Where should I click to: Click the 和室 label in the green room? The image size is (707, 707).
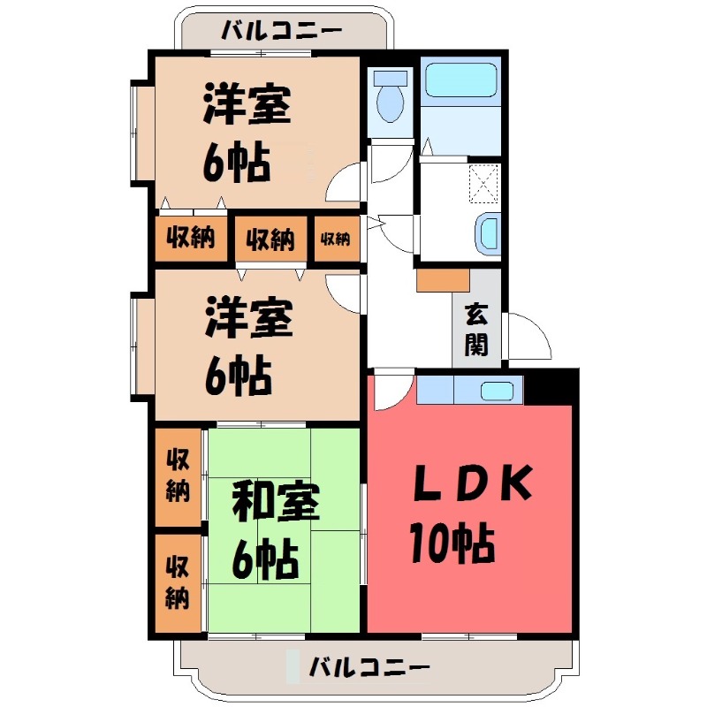(275, 504)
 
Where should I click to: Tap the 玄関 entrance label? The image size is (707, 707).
(476, 328)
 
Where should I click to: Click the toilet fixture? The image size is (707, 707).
(390, 99)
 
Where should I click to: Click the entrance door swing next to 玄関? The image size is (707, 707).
(528, 338)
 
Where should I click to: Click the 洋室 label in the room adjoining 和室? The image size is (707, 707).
(248, 320)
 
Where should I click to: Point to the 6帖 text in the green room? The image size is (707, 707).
(264, 559)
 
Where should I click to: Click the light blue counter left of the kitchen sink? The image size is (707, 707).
(434, 389)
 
